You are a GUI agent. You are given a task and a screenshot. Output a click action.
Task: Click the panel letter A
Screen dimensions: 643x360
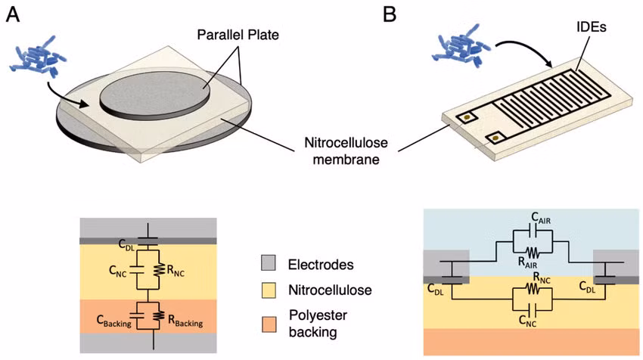(x=13, y=15)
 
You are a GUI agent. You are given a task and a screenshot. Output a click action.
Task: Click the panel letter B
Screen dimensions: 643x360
(x=390, y=15)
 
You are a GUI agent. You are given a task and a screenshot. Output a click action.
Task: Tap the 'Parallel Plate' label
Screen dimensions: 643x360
(x=238, y=35)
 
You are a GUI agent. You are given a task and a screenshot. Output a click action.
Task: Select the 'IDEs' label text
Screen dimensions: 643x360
(x=590, y=27)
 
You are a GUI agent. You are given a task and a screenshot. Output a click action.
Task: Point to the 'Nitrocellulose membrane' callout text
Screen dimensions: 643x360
(x=346, y=151)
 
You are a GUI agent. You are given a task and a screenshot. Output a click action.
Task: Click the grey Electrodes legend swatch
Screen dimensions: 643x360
(x=269, y=263)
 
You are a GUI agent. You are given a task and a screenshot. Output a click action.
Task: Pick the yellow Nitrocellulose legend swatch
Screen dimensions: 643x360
(x=269, y=290)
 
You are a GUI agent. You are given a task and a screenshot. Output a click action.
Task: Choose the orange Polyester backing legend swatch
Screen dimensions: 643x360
(x=269, y=324)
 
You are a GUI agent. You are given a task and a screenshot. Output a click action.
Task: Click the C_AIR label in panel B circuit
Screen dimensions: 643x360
(x=541, y=218)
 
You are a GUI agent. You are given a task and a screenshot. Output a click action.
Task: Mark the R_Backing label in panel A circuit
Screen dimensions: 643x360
(x=185, y=321)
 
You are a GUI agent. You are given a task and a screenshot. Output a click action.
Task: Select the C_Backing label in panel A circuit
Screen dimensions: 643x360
(x=114, y=321)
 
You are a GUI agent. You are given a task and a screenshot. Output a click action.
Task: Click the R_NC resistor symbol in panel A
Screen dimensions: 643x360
(x=159, y=270)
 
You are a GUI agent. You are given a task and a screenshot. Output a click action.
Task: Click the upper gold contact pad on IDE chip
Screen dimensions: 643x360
(x=467, y=119)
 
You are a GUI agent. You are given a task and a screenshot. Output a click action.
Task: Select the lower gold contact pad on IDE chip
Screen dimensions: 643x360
(x=495, y=138)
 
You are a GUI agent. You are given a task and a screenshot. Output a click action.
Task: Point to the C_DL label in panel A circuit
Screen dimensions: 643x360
(x=126, y=245)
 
